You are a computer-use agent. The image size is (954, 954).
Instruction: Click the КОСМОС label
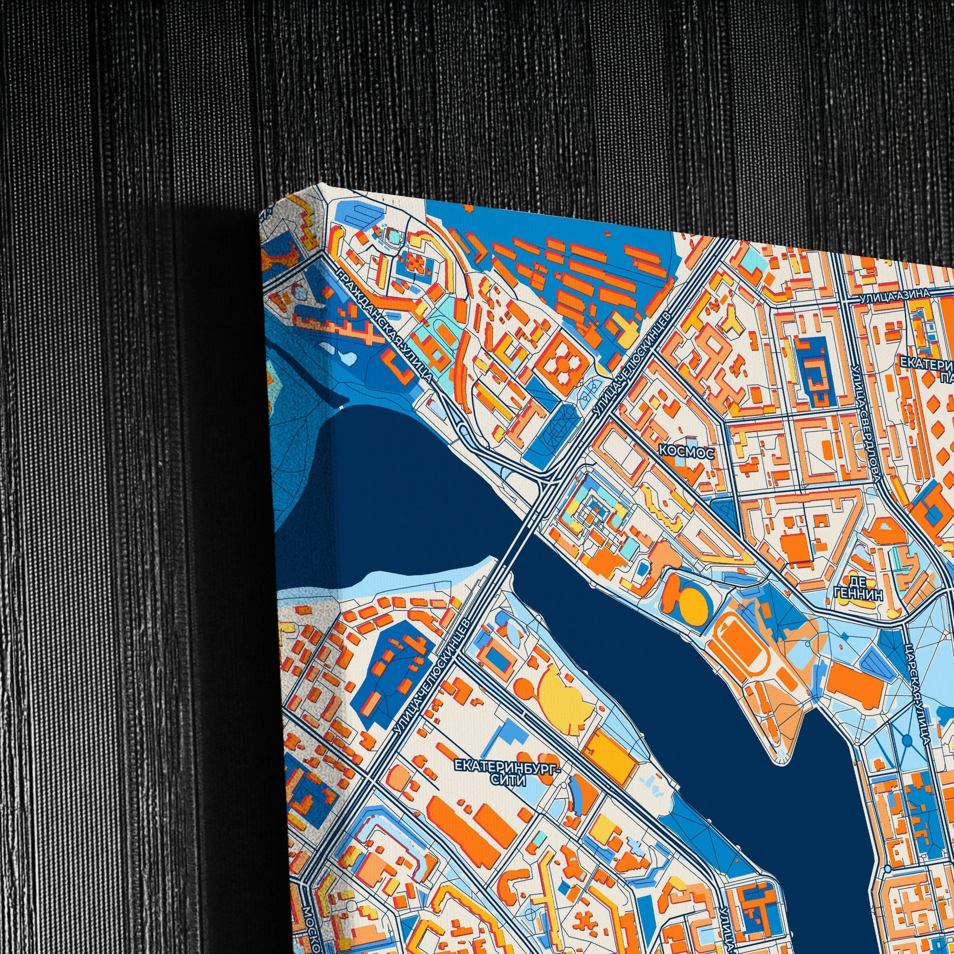[686, 452]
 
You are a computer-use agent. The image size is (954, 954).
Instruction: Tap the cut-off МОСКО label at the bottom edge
[311, 924]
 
